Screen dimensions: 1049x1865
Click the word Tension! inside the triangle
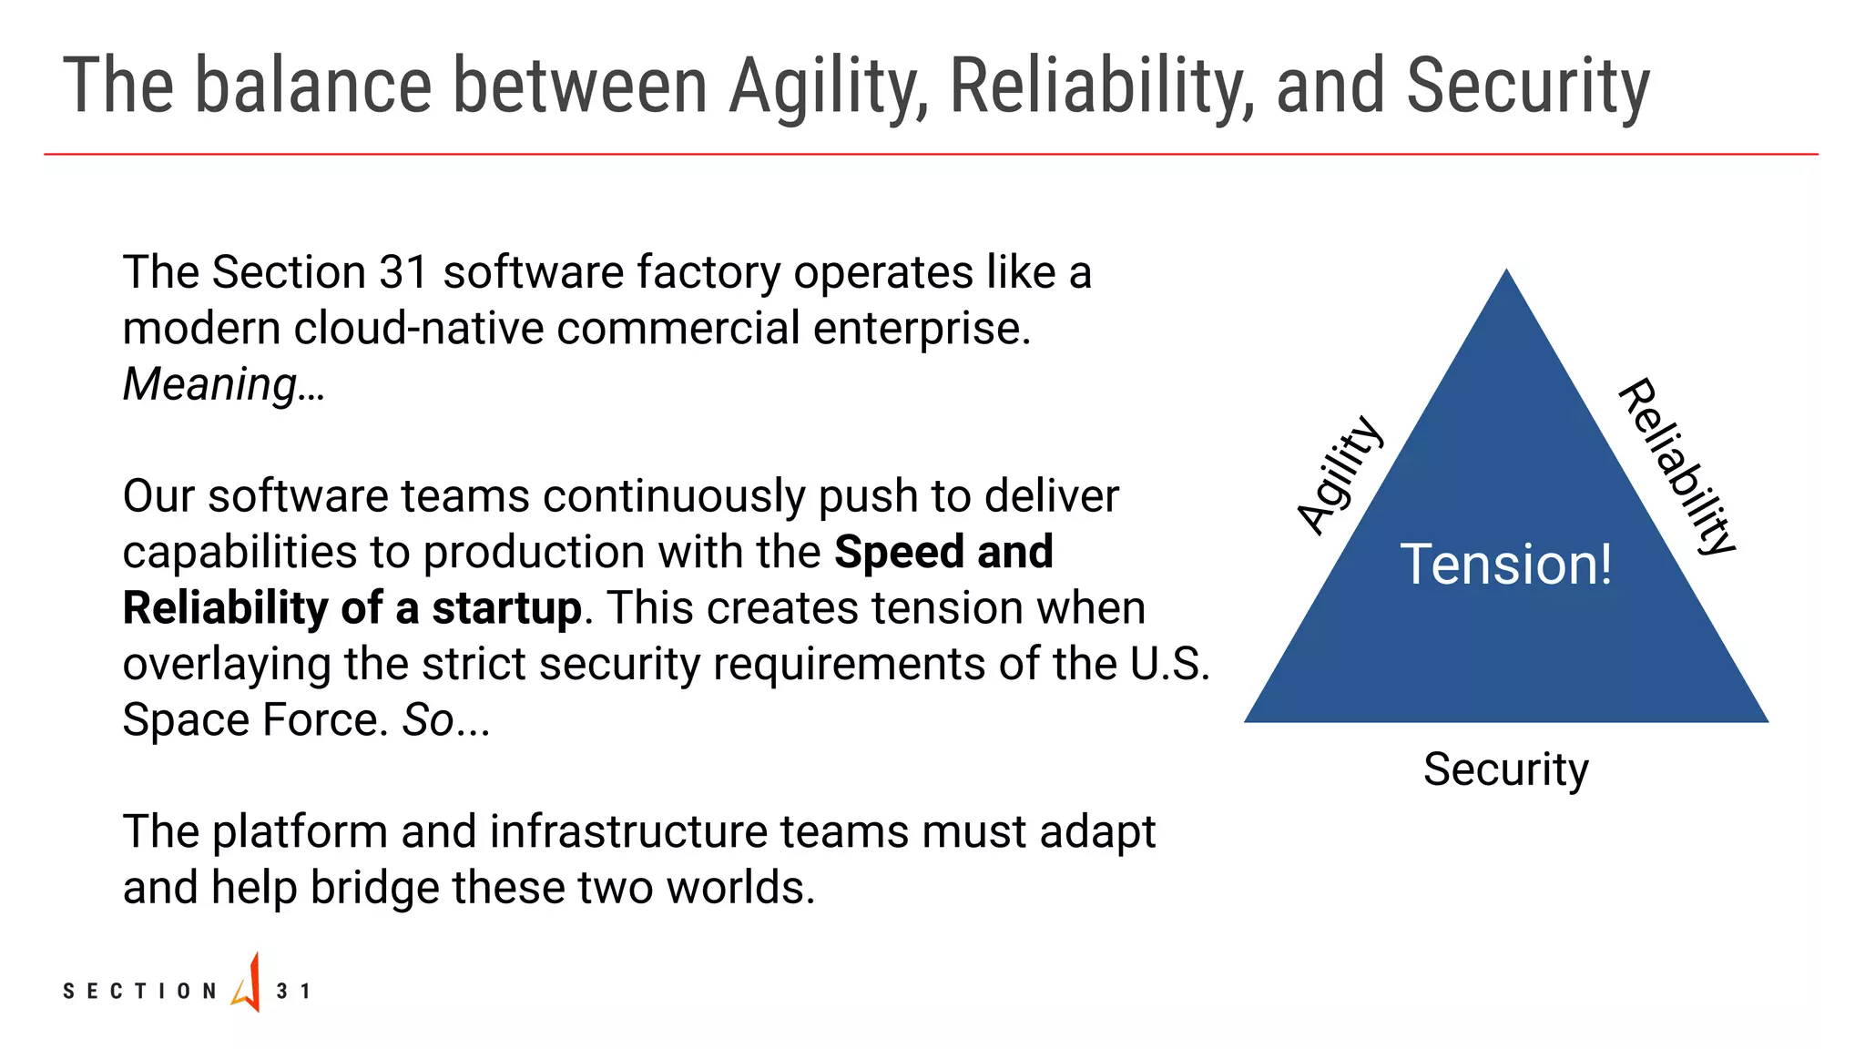pos(1505,564)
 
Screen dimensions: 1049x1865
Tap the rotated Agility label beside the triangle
pos(1340,474)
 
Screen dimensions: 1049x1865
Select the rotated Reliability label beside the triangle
pos(1676,465)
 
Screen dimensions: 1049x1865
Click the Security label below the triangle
pos(1505,769)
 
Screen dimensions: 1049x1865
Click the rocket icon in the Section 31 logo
pos(248,984)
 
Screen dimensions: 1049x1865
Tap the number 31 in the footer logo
pos(292,991)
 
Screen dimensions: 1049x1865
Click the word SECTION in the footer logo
pos(139,991)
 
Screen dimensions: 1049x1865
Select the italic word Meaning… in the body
pos(223,384)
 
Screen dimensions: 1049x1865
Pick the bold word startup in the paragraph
pos(506,608)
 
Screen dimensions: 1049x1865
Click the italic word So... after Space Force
pos(446,720)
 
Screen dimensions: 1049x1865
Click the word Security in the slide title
pos(1527,87)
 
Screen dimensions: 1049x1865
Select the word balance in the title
pos(313,87)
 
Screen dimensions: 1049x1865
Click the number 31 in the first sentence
pos(403,272)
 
